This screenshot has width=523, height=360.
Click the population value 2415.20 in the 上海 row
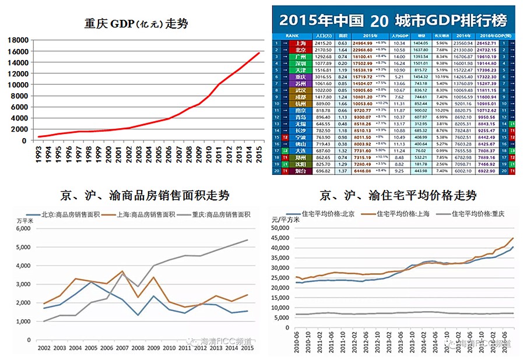point(323,44)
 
